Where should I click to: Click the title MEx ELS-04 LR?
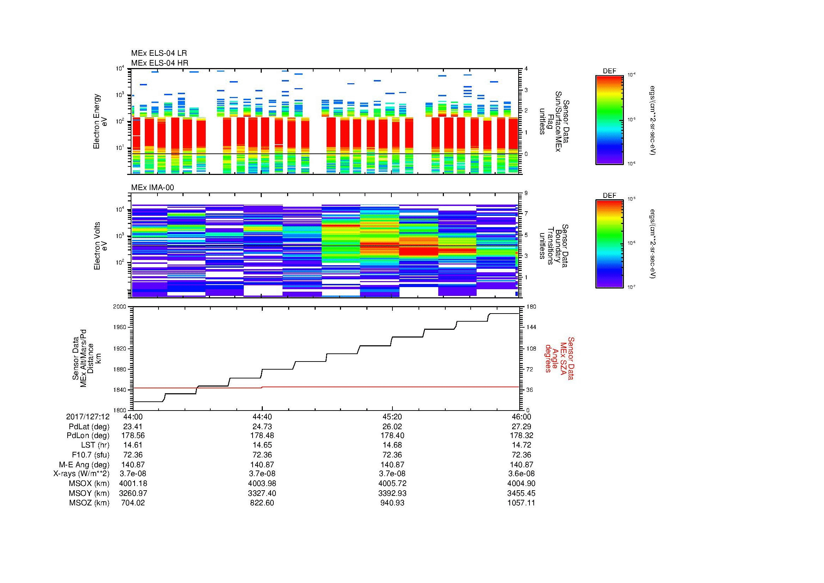pos(159,53)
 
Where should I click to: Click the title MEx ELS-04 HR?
pos(159,63)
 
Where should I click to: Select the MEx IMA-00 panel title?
pos(152,188)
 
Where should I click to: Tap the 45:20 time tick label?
pos(392,417)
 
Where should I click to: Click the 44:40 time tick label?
pos(262,417)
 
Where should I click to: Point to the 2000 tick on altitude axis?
pos(119,307)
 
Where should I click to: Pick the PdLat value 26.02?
pos(392,427)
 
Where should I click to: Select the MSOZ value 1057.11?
pos(521,503)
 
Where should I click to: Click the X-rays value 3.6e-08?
pos(521,474)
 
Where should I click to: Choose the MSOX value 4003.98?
pos(262,484)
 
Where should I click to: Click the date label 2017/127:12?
pos(88,417)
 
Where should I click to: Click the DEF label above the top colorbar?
pos(609,71)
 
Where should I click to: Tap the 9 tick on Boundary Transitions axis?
pos(526,193)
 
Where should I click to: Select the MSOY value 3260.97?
pos(133,493)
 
